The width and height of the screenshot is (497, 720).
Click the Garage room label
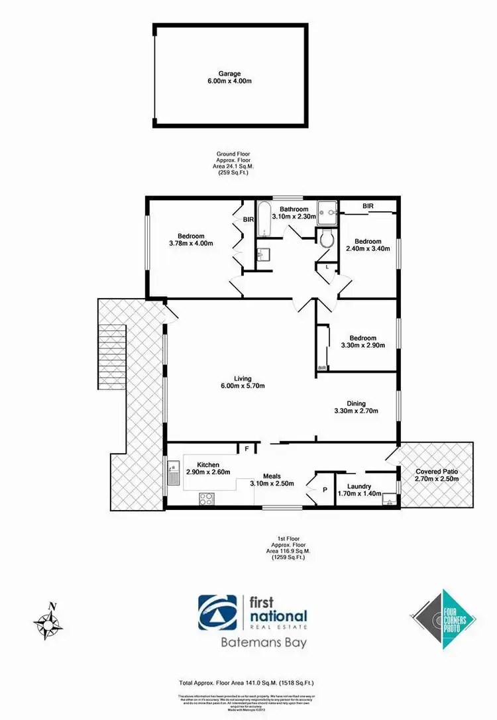(x=231, y=75)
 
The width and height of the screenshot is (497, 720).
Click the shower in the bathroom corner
(x=326, y=213)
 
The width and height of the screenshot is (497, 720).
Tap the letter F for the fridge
(x=247, y=449)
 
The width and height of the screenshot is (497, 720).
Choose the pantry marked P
(x=325, y=491)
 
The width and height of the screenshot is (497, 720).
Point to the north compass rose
(x=48, y=621)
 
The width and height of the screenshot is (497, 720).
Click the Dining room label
(x=356, y=403)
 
